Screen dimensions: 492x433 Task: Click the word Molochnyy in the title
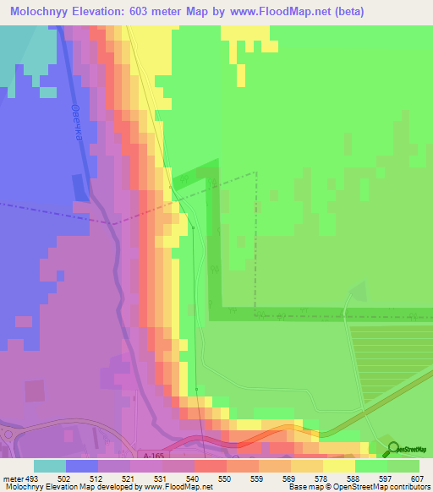coord(39,11)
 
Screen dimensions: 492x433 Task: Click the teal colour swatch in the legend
coord(50,466)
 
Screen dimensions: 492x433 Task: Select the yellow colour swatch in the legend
coord(338,466)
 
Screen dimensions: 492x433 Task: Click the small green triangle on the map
coord(359,292)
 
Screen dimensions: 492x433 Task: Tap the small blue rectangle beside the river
coord(80,188)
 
